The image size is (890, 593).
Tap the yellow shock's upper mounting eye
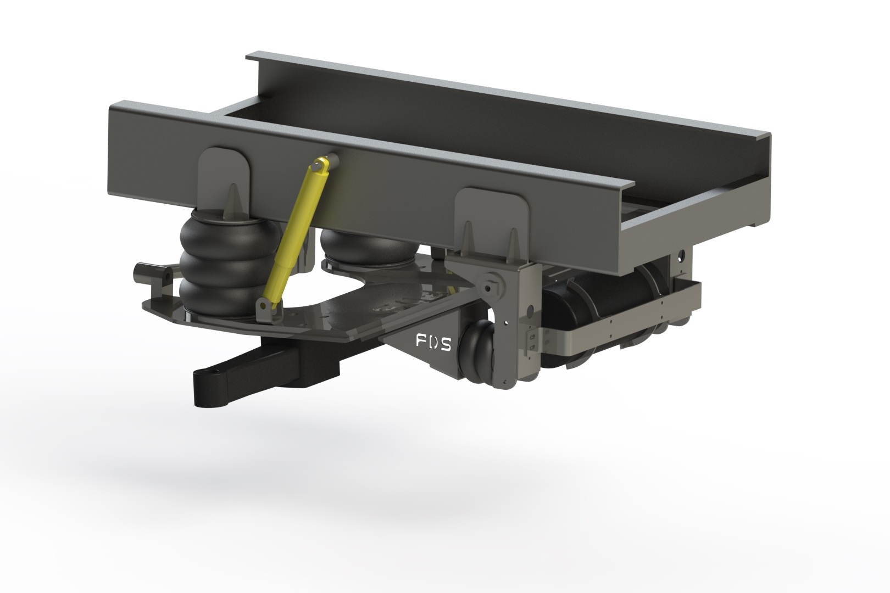pyautogui.click(x=321, y=163)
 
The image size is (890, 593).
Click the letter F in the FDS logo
pyautogui.click(x=421, y=342)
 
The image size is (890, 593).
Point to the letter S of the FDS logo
pyautogui.click(x=446, y=344)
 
